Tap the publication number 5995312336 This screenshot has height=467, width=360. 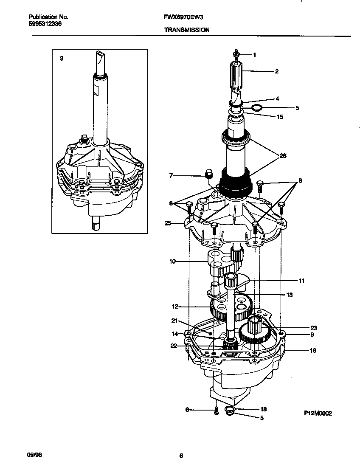(x=45, y=24)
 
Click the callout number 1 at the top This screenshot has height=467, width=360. (x=254, y=55)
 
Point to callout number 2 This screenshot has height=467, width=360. (x=276, y=71)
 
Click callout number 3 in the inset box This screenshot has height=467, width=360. (x=62, y=58)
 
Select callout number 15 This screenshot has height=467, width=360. (x=279, y=117)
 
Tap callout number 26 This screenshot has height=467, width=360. (x=283, y=156)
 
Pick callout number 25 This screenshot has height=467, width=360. (x=168, y=223)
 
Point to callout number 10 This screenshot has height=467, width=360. (x=172, y=262)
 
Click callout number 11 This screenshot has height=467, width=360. (x=301, y=281)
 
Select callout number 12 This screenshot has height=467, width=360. (x=174, y=306)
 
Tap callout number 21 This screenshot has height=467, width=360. (x=174, y=321)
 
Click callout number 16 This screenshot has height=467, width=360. (x=313, y=351)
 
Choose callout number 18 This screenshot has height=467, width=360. (x=263, y=409)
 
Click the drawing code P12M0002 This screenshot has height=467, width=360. (x=318, y=413)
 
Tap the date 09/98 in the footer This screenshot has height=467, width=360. (x=36, y=455)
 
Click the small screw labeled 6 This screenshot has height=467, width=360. (x=216, y=410)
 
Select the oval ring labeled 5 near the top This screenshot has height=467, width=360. (x=256, y=107)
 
